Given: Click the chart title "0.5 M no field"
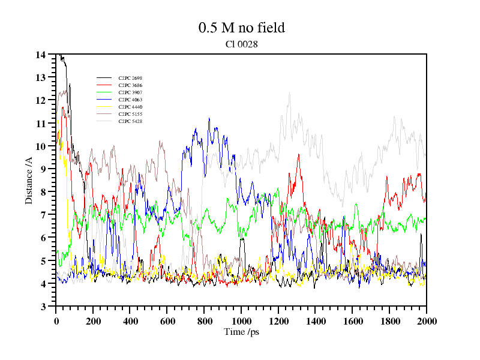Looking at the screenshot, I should click(x=241, y=28).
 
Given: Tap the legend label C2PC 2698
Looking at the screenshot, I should click(x=130, y=78).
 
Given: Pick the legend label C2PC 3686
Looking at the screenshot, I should click(x=130, y=85).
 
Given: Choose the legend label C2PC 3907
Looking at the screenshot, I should click(x=130, y=92).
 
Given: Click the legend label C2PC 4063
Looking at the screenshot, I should click(x=130, y=100).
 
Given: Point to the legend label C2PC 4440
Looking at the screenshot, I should click(x=130, y=107).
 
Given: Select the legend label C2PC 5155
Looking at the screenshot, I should click(x=130, y=114).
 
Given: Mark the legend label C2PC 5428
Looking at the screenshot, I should click(x=130, y=121).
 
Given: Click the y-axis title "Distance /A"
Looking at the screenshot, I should click(x=29, y=179).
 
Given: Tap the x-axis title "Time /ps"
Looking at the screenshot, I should click(x=241, y=331).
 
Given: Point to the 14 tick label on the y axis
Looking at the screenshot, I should click(x=41, y=55).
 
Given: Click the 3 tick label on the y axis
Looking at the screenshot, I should click(x=43, y=307).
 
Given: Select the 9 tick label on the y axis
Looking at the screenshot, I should click(x=43, y=169).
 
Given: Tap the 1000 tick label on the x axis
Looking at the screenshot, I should click(x=241, y=321).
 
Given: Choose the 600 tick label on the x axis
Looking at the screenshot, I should click(x=167, y=321).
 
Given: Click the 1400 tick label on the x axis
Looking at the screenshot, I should click(x=315, y=321).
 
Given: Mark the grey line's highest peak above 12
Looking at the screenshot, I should click(x=289, y=92).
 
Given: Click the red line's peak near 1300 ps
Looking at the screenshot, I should click(x=298, y=154).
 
